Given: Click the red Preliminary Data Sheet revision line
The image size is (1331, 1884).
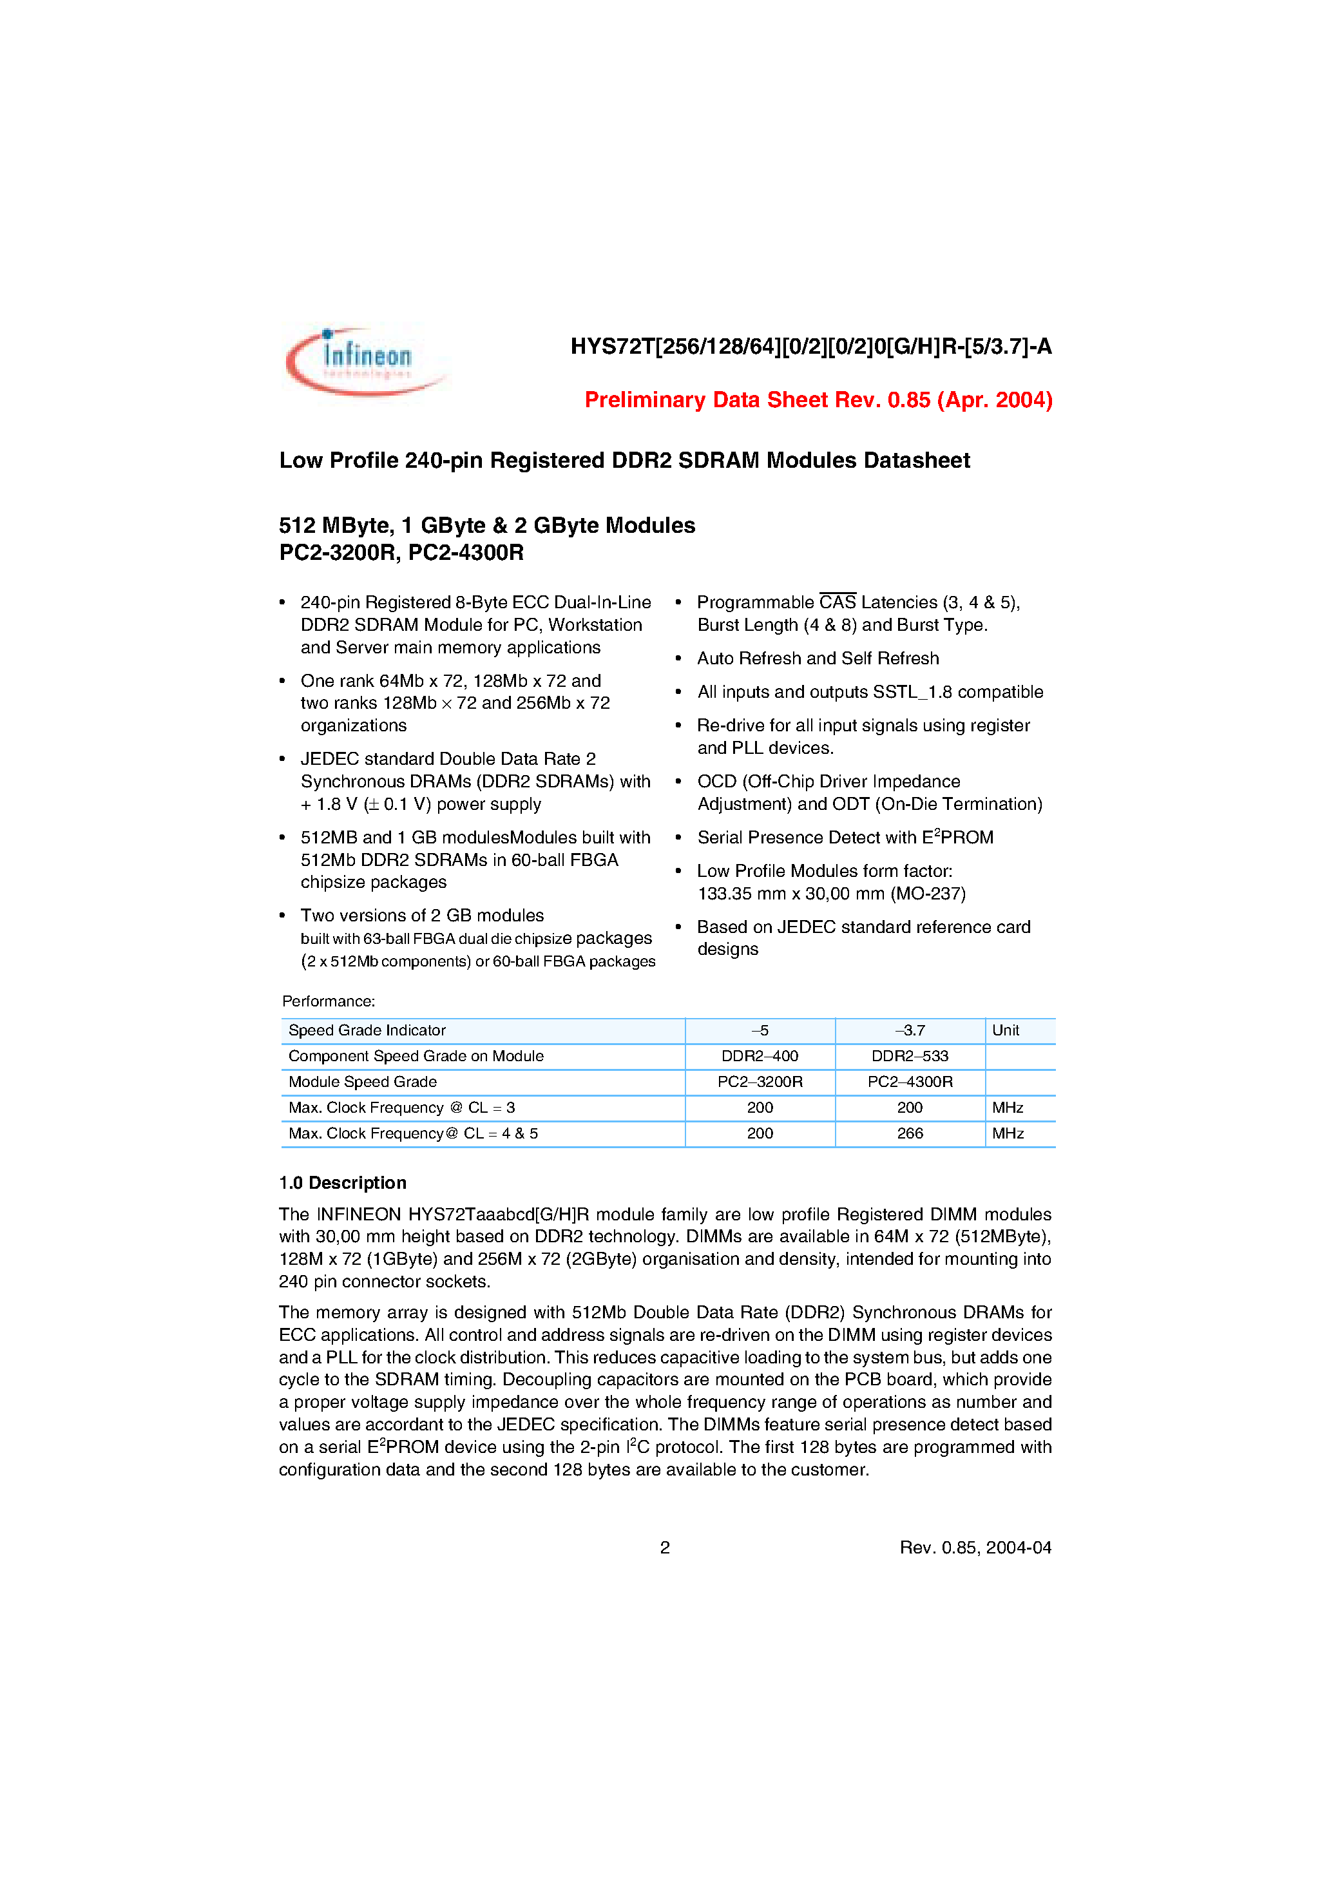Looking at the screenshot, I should click(x=818, y=399).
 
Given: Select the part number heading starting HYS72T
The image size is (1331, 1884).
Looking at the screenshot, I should click(x=810, y=346).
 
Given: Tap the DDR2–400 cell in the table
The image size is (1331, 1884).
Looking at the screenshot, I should click(x=759, y=1056).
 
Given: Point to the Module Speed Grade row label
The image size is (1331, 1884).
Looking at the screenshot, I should click(x=363, y=1081).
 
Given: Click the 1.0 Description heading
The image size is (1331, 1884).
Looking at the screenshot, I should click(x=342, y=1182).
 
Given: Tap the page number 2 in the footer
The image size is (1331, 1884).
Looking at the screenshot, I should click(x=665, y=1548).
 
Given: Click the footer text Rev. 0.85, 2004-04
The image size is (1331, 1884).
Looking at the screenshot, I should click(x=975, y=1548).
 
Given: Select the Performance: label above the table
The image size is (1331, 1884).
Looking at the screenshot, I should click(x=328, y=1001).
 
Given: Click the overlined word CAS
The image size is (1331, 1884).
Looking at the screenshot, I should click(x=837, y=602).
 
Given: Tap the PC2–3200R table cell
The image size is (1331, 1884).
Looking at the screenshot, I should click(x=759, y=1081).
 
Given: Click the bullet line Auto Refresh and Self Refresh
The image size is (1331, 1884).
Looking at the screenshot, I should click(x=818, y=658).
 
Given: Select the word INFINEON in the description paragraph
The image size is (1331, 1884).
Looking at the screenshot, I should click(x=359, y=1215).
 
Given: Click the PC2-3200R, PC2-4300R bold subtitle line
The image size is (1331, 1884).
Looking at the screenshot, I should click(x=401, y=552).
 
